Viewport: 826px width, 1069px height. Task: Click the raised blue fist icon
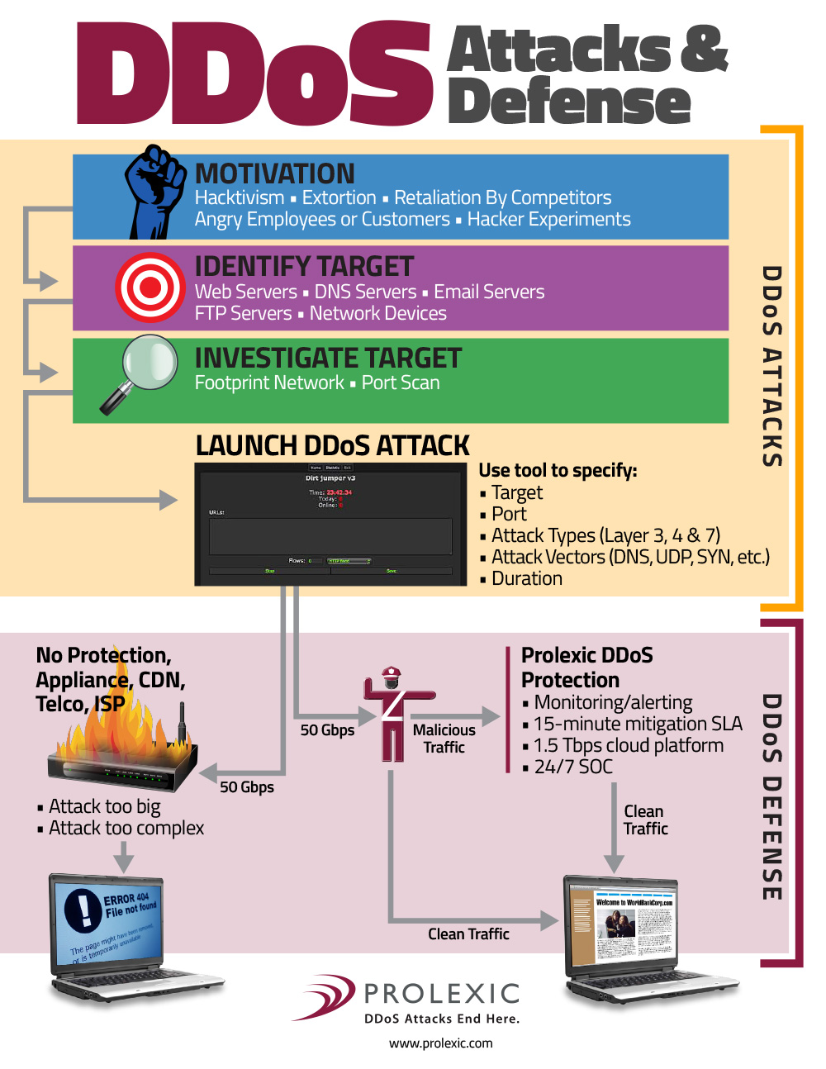point(154,191)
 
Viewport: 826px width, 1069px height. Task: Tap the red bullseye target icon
point(150,287)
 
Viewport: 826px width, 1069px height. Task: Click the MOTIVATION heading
point(274,173)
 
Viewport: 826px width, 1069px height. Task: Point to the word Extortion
point(339,198)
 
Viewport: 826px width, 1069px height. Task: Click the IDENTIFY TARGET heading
point(303,266)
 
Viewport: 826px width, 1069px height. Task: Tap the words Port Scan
point(401,383)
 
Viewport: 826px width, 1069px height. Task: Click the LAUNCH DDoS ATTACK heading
point(332,446)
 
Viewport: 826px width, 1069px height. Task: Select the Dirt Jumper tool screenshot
point(330,524)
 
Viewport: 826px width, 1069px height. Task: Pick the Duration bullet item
point(526,578)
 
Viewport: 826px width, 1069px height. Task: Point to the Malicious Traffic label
point(444,739)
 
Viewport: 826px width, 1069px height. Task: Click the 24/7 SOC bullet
point(572,767)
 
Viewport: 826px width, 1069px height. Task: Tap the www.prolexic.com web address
point(440,1043)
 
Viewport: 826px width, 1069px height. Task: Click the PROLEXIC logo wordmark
point(442,993)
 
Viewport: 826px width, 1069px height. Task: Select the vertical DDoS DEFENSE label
point(771,797)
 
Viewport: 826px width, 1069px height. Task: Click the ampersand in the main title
point(704,48)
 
